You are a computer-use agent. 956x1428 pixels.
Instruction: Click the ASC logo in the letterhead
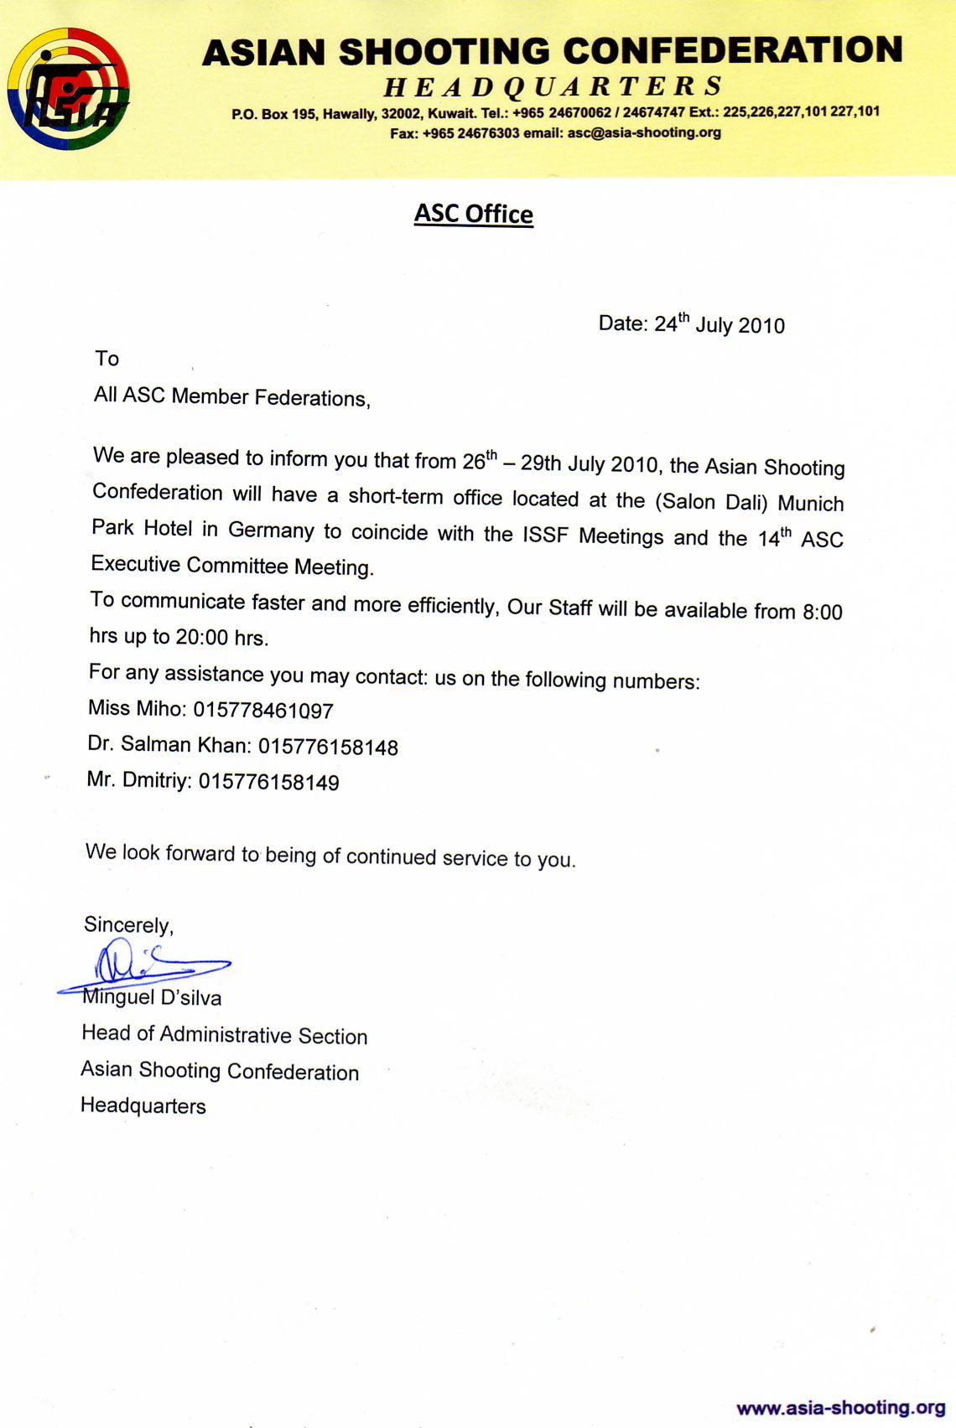[68, 89]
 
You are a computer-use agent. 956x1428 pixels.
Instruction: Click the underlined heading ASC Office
[474, 215]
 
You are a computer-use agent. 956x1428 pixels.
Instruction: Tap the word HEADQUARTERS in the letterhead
[553, 86]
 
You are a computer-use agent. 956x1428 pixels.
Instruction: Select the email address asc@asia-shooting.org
[644, 132]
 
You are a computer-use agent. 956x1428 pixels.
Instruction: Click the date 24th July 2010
[719, 324]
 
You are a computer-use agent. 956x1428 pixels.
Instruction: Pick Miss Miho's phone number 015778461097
[263, 711]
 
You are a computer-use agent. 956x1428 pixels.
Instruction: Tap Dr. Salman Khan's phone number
[328, 747]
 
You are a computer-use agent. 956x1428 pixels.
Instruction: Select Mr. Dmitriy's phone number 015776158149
[269, 783]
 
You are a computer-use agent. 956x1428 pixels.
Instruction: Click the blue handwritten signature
[143, 965]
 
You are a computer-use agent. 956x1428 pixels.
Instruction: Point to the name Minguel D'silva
[152, 997]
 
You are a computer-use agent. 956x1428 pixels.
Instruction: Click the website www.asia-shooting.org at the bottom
[840, 1408]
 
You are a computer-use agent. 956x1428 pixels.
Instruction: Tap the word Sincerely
[128, 924]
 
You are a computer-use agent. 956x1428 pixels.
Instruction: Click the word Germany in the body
[271, 530]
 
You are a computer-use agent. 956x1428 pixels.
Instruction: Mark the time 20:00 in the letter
[201, 637]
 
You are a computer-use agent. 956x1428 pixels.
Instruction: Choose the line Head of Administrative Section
[224, 1035]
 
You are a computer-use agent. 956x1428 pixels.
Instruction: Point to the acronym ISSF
[546, 535]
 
